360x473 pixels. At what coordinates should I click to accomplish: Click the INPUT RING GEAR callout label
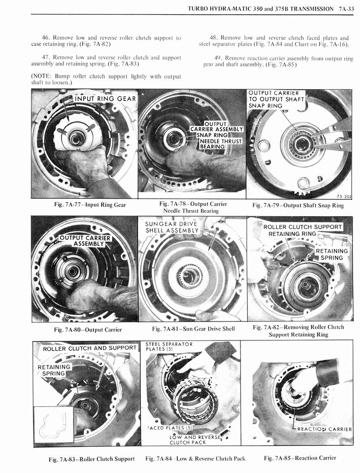click(105, 98)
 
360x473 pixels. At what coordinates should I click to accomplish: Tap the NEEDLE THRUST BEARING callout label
click(220, 144)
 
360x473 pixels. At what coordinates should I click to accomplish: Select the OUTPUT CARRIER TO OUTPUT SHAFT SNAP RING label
click(276, 99)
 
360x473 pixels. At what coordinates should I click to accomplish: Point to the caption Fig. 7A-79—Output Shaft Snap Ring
click(298, 206)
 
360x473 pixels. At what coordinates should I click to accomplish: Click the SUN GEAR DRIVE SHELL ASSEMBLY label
click(171, 227)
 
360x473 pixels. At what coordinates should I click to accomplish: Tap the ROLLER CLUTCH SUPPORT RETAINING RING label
click(302, 230)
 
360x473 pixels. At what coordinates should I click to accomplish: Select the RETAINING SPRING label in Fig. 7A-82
click(331, 254)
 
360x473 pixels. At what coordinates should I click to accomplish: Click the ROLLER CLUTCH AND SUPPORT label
click(90, 348)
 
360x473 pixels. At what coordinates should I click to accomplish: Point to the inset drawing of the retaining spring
click(52, 424)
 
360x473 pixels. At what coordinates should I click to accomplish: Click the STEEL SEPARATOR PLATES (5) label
click(168, 346)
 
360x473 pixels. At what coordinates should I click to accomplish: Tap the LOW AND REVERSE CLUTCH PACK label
click(190, 440)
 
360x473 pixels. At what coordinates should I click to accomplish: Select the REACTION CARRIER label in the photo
click(324, 429)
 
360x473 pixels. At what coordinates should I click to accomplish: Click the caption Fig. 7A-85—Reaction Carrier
click(300, 458)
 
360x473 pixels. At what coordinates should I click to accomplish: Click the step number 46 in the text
click(46, 37)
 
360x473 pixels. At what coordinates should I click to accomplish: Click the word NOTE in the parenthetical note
click(42, 76)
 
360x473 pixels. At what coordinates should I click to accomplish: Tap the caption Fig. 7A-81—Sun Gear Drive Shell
click(193, 329)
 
